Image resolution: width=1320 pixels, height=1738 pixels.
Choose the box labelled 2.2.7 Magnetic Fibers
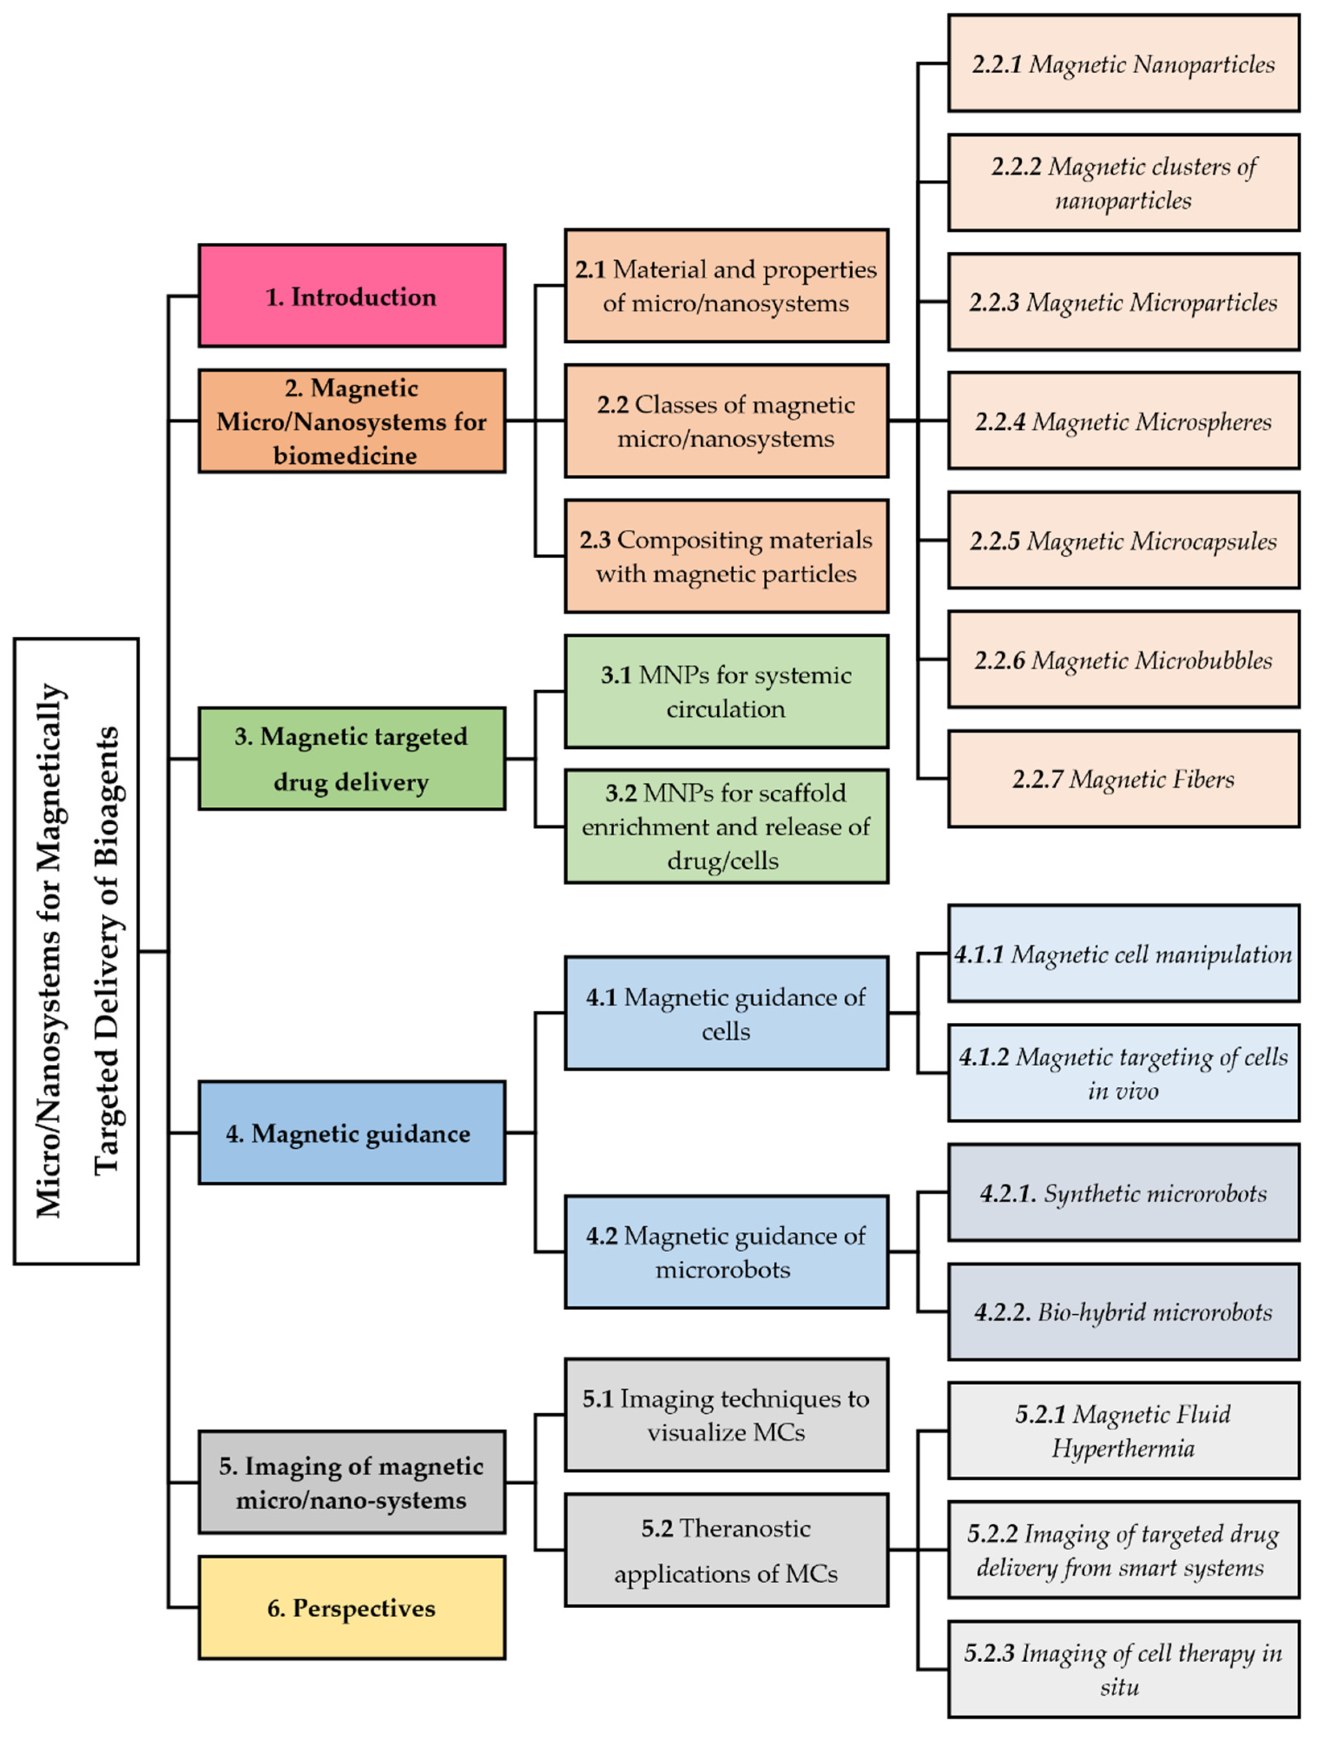pos(1123,779)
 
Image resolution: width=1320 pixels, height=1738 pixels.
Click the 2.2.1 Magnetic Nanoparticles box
pos(1123,64)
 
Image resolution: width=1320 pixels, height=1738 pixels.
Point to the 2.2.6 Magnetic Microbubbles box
pos(1123,659)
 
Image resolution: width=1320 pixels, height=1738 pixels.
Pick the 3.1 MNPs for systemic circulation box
pos(726,692)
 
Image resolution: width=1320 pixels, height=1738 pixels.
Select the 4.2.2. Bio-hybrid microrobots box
pos(1123,1312)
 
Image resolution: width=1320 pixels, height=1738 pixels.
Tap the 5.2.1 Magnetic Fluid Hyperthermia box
pos(1123,1431)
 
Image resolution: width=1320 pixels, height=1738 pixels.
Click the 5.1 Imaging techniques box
pos(726,1415)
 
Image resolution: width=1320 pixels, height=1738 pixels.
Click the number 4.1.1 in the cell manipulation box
pos(979,954)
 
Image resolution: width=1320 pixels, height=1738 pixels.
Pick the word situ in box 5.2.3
pos(1119,1687)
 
